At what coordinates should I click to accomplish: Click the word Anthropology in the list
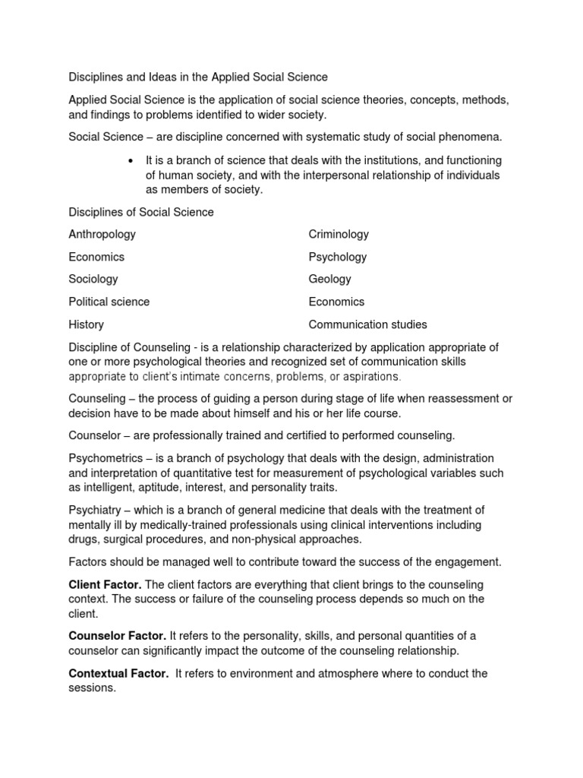click(x=102, y=235)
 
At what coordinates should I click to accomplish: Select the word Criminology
click(x=339, y=235)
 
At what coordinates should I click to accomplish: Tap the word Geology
click(x=329, y=280)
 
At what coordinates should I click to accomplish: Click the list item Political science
click(x=109, y=302)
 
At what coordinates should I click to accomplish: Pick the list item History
click(x=86, y=324)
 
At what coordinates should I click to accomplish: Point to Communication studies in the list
click(x=367, y=324)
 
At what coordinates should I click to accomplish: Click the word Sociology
click(x=93, y=279)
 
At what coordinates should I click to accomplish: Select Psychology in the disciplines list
click(x=337, y=257)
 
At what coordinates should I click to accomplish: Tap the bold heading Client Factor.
click(x=104, y=585)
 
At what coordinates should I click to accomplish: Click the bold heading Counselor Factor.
click(x=117, y=635)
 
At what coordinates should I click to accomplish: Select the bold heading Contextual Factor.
click(x=118, y=674)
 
